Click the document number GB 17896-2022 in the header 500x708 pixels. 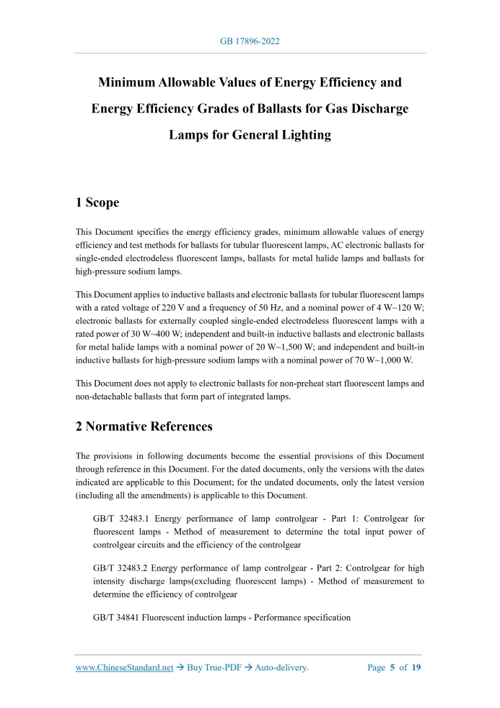tap(250, 41)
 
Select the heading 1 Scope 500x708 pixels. tap(97, 202)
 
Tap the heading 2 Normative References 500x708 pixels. tap(144, 426)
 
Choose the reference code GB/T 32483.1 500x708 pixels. tap(122, 519)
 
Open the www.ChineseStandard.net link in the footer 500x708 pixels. tap(125, 668)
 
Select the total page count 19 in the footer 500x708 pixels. tap(416, 668)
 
